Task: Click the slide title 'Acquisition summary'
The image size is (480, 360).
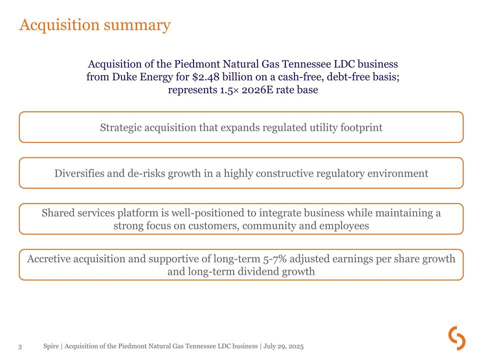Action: coord(94,25)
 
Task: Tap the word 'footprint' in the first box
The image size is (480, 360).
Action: coord(361,127)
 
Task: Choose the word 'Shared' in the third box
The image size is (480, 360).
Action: coord(58,213)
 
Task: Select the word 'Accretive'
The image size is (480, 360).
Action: coord(48,259)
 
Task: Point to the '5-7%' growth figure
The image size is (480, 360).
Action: coord(274,259)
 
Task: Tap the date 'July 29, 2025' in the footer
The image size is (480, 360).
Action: coord(283,346)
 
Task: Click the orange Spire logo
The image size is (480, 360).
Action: coord(456,338)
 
